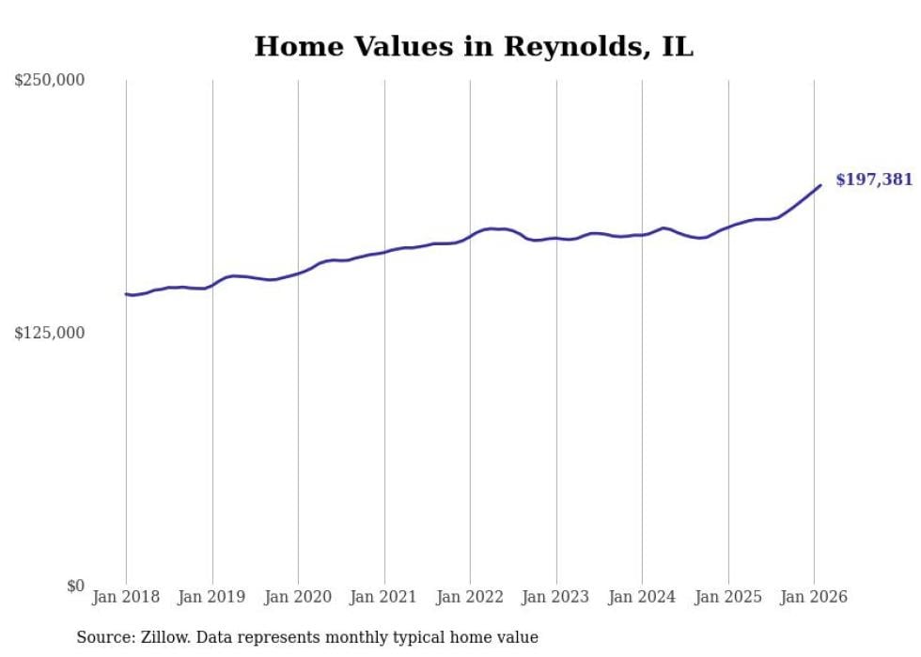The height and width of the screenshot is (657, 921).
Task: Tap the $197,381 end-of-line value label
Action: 873,180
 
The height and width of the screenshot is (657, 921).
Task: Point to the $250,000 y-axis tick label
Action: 50,81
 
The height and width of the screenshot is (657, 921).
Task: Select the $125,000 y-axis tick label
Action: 50,333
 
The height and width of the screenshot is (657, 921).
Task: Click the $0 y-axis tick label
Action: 75,586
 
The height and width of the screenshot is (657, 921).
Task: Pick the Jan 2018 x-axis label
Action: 126,597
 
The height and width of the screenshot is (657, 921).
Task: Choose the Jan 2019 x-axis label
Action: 212,597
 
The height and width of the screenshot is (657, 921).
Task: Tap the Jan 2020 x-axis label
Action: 298,597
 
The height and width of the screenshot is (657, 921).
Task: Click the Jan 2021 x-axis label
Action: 384,597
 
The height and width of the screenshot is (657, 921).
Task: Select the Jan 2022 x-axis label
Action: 470,597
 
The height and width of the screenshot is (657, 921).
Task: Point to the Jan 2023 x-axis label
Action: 556,597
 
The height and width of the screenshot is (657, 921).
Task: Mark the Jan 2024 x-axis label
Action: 642,597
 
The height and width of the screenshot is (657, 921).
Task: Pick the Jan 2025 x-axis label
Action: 728,597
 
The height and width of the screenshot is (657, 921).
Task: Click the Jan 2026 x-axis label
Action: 814,597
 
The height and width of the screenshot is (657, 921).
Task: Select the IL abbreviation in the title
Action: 677,48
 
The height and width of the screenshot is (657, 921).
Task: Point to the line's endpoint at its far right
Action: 820,185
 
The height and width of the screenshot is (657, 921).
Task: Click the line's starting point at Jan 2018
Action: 127,294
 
